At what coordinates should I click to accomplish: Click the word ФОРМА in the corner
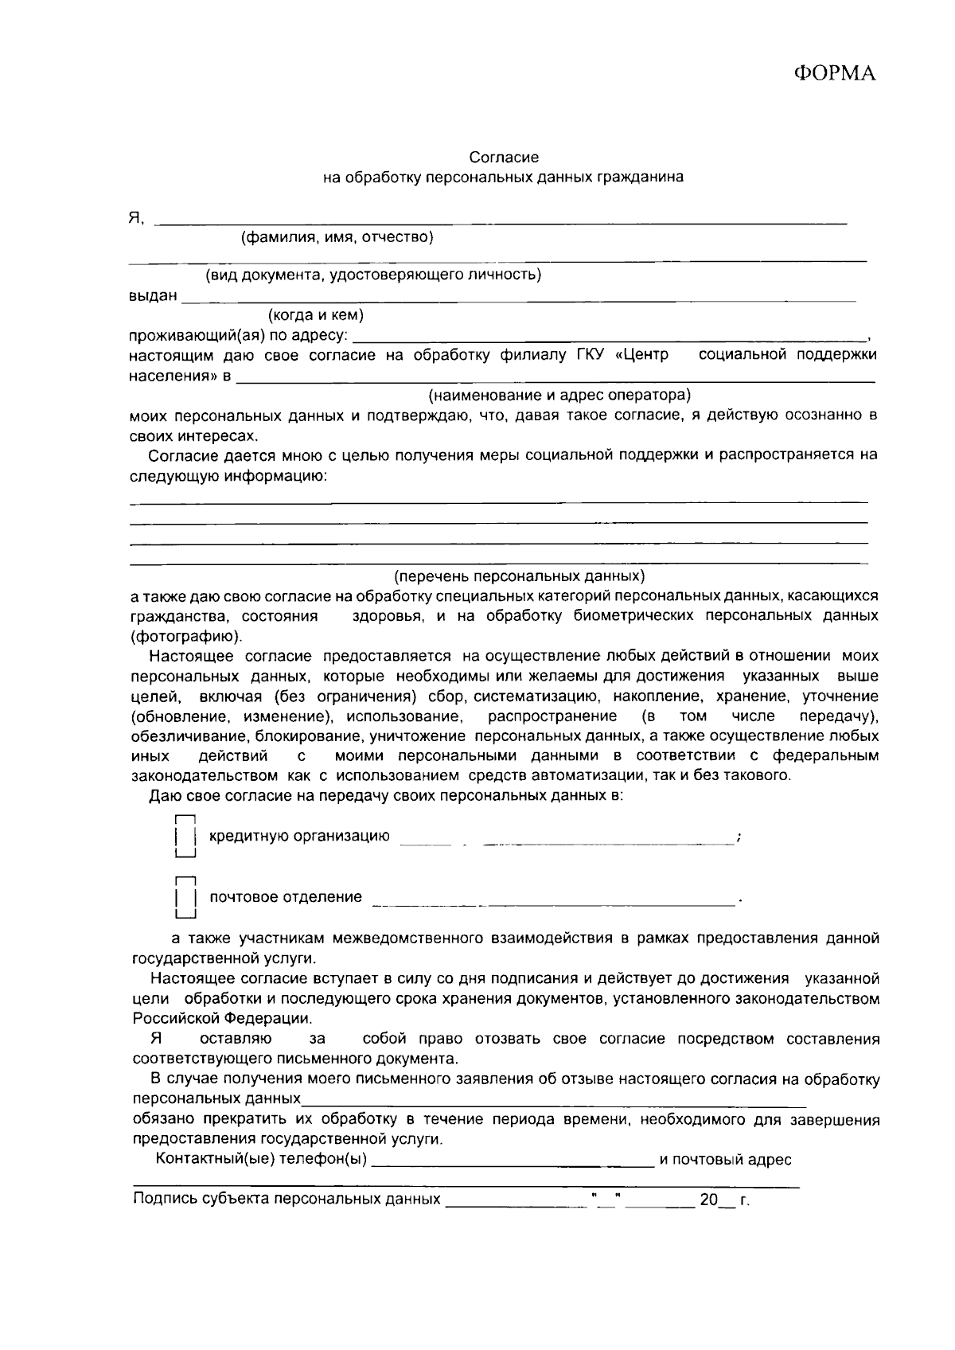(x=835, y=74)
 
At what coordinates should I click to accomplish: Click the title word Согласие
(x=504, y=158)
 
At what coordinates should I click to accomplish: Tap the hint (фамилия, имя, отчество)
(x=337, y=236)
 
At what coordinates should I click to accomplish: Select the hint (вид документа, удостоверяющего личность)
(x=374, y=275)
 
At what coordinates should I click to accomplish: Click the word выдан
(x=153, y=295)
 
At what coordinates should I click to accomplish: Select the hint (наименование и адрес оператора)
(x=559, y=395)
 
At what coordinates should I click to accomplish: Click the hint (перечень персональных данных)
(x=520, y=576)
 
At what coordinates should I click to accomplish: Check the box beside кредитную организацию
(x=185, y=837)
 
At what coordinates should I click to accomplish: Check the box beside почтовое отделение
(x=185, y=898)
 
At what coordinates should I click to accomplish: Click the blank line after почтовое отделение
(x=553, y=902)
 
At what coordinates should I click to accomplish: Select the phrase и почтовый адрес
(x=725, y=1160)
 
